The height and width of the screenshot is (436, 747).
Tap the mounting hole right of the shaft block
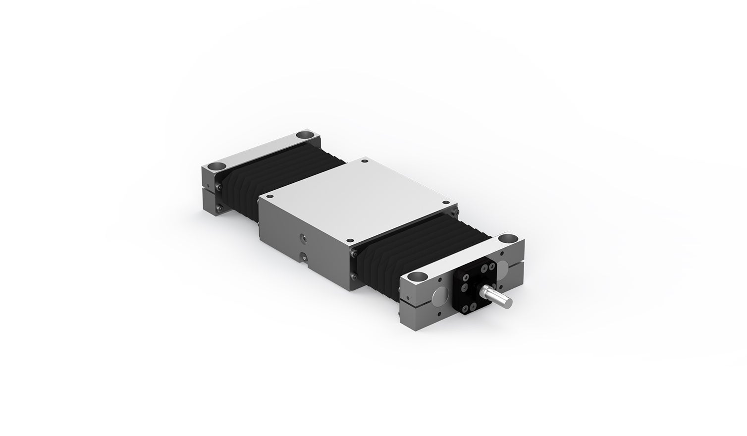(508, 240)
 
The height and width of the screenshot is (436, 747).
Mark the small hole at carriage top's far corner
(365, 161)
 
